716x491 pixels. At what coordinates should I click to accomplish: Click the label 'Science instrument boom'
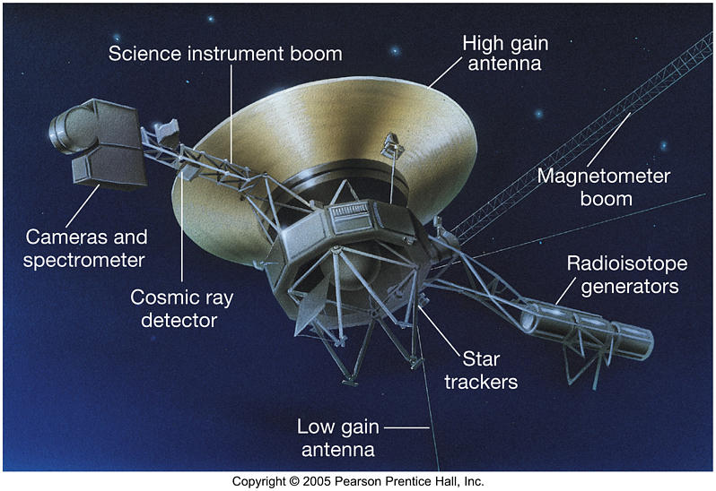pyautogui.click(x=225, y=54)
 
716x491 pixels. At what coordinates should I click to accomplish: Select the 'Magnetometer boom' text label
pyautogui.click(x=603, y=186)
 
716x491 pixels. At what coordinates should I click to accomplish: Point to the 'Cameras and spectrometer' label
pyautogui.click(x=85, y=248)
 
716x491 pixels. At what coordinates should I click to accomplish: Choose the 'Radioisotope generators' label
pyautogui.click(x=626, y=274)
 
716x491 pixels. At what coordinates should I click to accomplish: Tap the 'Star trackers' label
pyautogui.click(x=489, y=370)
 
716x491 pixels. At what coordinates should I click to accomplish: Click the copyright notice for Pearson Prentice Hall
pyautogui.click(x=358, y=481)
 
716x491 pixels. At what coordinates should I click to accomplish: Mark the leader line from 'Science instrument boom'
pyautogui.click(x=231, y=116)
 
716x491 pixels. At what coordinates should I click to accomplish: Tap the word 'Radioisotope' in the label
pyautogui.click(x=626, y=263)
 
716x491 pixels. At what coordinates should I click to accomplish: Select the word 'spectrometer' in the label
pyautogui.click(x=85, y=260)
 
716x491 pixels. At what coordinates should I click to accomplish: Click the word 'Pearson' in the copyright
pyautogui.click(x=347, y=481)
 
